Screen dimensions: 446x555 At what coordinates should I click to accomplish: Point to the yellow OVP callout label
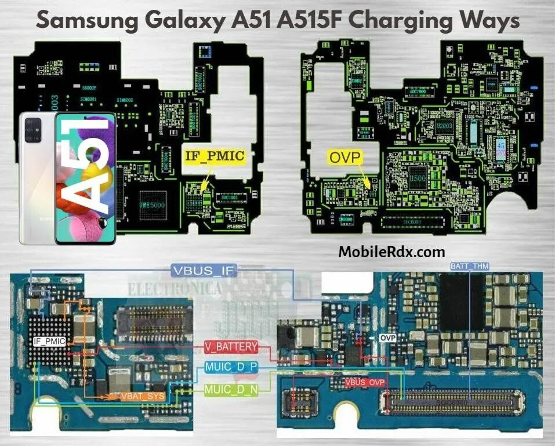[x=345, y=156]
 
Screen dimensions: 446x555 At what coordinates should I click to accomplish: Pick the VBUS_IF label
[x=202, y=270]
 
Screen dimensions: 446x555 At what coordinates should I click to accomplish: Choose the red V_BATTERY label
[x=231, y=347]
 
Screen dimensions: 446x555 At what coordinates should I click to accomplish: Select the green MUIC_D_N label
[x=231, y=390]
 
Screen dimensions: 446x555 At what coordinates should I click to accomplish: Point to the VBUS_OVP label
[x=364, y=383]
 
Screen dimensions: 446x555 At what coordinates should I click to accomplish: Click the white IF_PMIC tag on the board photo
[x=49, y=341]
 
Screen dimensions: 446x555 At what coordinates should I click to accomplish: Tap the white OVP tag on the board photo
[x=387, y=337]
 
